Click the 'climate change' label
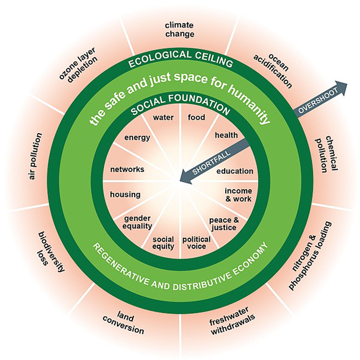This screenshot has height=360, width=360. [180, 30]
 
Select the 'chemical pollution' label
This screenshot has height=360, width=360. [326, 154]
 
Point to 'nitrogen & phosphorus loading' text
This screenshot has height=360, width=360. [310, 256]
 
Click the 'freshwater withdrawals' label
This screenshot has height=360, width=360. [232, 320]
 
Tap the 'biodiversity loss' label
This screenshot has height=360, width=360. [50, 251]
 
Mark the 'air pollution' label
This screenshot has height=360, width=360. [35, 156]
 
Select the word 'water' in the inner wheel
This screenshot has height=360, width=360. [163, 118]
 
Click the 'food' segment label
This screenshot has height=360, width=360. [196, 117]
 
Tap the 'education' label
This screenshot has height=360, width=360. [235, 171]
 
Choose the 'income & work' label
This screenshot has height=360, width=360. [238, 195]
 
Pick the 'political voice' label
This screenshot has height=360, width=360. [196, 243]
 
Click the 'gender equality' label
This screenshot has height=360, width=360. [137, 222]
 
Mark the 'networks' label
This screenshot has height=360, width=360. [127, 169]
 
